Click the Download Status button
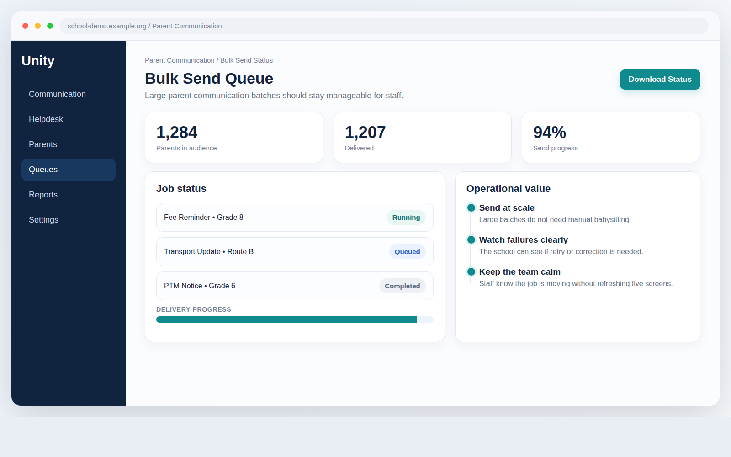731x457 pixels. point(660,80)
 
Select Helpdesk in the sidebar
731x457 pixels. point(46,119)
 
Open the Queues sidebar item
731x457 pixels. point(69,170)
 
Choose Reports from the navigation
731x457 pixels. point(43,195)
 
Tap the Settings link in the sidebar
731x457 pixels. point(43,220)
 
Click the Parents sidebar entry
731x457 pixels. point(43,144)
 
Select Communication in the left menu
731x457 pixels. point(57,94)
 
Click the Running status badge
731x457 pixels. point(406,218)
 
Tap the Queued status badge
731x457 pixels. point(407,252)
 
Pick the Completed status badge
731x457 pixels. point(403,286)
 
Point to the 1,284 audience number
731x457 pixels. point(176,132)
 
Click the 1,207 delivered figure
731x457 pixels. point(365,132)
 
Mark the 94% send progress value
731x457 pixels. point(550,132)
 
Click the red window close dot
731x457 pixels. point(26,26)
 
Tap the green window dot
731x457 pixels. point(50,26)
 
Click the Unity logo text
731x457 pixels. point(38,61)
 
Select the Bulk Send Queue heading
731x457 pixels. point(209,78)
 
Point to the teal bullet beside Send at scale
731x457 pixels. point(471,207)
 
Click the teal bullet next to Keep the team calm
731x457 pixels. point(471,271)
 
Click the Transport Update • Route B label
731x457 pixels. point(208,252)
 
